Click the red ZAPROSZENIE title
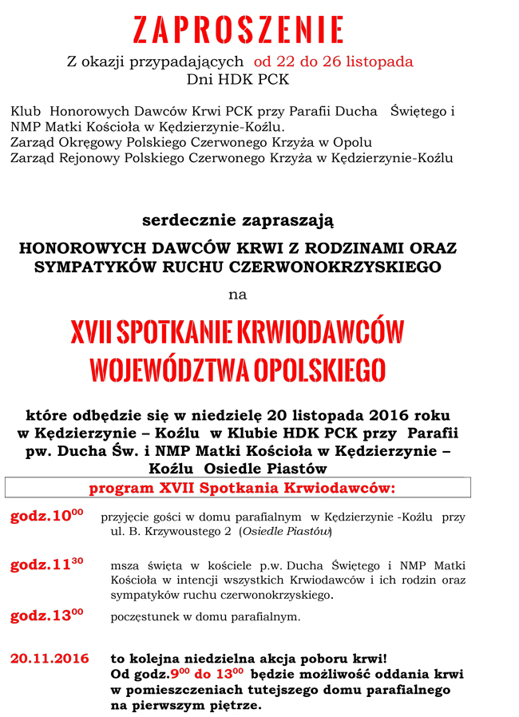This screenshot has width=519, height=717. [238, 30]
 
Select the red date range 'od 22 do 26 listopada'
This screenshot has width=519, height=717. [333, 61]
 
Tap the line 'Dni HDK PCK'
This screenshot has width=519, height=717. [237, 79]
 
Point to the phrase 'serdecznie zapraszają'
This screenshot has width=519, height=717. [238, 219]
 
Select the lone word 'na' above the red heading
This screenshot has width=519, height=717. [238, 295]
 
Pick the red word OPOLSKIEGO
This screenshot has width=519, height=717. [319, 370]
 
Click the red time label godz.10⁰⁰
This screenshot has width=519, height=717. [46, 517]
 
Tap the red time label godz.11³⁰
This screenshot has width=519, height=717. [46, 565]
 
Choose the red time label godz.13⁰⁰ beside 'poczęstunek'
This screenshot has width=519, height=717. [46, 615]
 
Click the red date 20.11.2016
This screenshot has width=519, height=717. [49, 659]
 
